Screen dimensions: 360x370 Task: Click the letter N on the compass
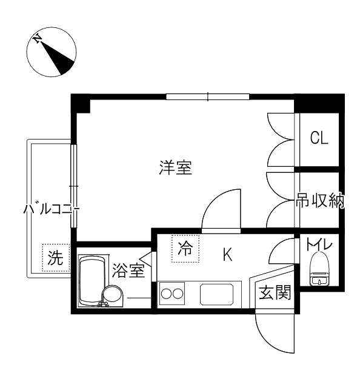tap(37, 39)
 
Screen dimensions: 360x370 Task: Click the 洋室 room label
tap(176, 167)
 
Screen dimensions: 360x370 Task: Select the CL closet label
tap(319, 138)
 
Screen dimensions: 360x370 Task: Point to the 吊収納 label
tap(320, 200)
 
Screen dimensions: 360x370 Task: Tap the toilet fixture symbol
tap(319, 269)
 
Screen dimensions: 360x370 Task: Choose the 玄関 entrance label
tap(275, 292)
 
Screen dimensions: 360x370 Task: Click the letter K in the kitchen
tap(228, 254)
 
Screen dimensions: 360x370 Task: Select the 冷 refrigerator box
tap(185, 249)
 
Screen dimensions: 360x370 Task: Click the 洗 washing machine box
tap(56, 257)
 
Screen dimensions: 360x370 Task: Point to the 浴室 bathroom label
tap(128, 270)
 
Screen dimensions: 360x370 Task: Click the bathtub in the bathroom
tap(92, 281)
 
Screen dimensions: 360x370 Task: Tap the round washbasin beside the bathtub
tap(112, 296)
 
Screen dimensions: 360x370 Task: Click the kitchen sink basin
tap(217, 295)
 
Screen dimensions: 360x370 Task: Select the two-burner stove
tap(172, 294)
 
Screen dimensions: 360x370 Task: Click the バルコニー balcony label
tap(51, 209)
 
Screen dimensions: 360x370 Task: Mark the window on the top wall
tap(208, 97)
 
